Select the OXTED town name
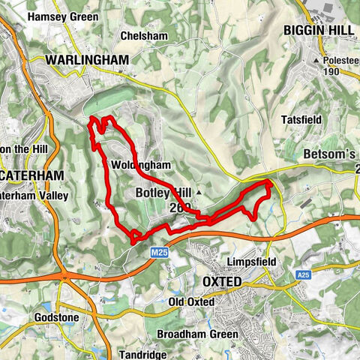[x=222, y=281]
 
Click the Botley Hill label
[x=163, y=192]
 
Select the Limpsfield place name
[x=252, y=262]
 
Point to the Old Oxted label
[x=191, y=301]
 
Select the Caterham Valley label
[x=34, y=196]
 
